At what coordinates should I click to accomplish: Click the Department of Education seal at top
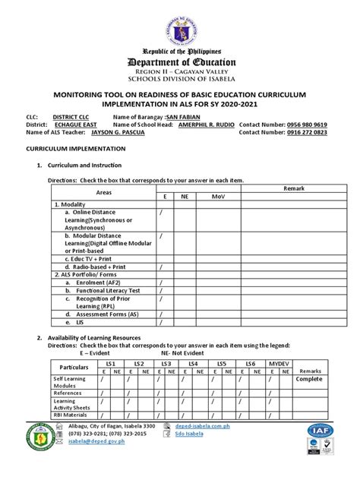[x=180, y=26]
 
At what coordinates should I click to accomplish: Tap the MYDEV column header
[x=276, y=365]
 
